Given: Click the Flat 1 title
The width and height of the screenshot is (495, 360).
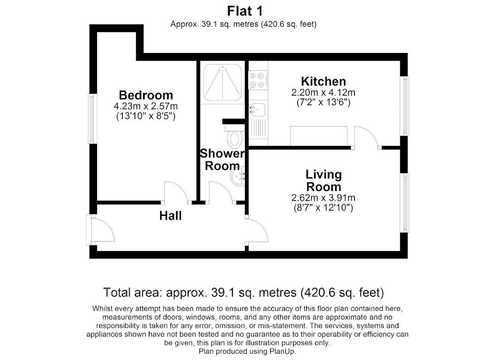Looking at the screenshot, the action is click(x=245, y=11).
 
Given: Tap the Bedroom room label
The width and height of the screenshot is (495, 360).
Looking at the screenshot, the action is click(x=146, y=95).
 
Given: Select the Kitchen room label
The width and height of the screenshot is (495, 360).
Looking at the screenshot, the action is click(x=323, y=81).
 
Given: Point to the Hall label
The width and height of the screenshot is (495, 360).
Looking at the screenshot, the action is click(x=170, y=216).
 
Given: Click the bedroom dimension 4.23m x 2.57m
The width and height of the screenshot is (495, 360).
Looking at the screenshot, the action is click(x=146, y=106).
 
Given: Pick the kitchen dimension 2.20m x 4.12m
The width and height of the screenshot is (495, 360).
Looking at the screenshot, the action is click(x=323, y=93).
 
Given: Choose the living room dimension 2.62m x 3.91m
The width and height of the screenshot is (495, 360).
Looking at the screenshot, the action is click(x=323, y=198).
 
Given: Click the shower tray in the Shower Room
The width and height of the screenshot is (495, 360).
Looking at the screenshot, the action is click(x=222, y=82).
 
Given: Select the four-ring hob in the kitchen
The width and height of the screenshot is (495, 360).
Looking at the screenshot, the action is click(x=258, y=80).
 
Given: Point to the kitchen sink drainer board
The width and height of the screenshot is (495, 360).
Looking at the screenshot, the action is click(x=258, y=128).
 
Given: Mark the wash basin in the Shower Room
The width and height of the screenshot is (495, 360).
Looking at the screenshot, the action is click(x=238, y=176).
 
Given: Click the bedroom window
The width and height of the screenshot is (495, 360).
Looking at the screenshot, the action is click(x=93, y=119).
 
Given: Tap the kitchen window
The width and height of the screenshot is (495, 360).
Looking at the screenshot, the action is click(x=404, y=106).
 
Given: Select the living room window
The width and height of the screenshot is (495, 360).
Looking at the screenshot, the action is click(x=404, y=203).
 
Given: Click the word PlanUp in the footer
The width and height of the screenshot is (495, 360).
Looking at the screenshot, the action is click(x=282, y=351).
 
